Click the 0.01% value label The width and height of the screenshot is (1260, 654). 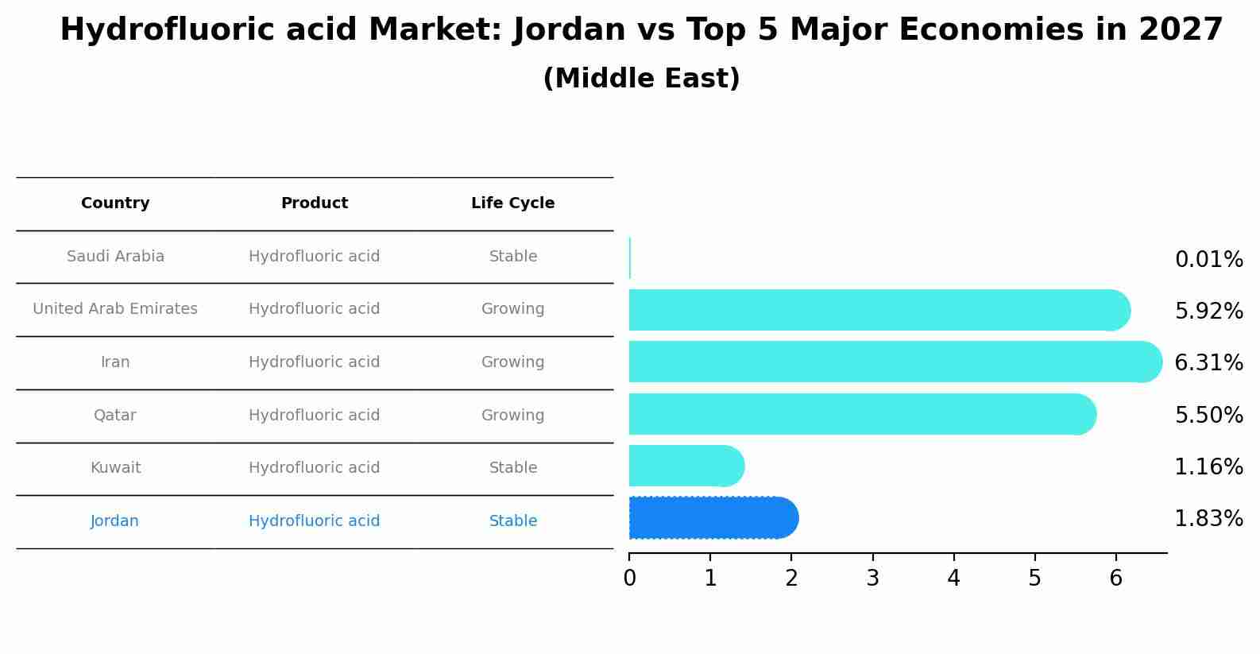point(1208,260)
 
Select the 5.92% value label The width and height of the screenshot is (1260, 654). point(1208,312)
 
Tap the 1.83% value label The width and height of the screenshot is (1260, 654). point(1208,519)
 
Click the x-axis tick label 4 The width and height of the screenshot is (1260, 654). point(953,579)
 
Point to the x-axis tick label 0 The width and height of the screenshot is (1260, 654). point(629,579)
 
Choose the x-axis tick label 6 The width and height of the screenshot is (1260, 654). point(1115,579)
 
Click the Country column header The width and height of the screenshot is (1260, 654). point(115,203)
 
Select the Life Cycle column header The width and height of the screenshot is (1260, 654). point(512,203)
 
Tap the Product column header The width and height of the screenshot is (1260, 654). point(315,203)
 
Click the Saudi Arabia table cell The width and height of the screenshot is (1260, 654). point(115,257)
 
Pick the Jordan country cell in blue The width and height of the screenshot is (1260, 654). point(114,521)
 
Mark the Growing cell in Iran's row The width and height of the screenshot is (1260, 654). point(512,362)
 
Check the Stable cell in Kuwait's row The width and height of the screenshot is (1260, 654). point(512,468)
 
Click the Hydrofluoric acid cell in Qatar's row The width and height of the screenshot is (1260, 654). point(315,416)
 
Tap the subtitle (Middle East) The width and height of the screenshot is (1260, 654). point(641,79)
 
